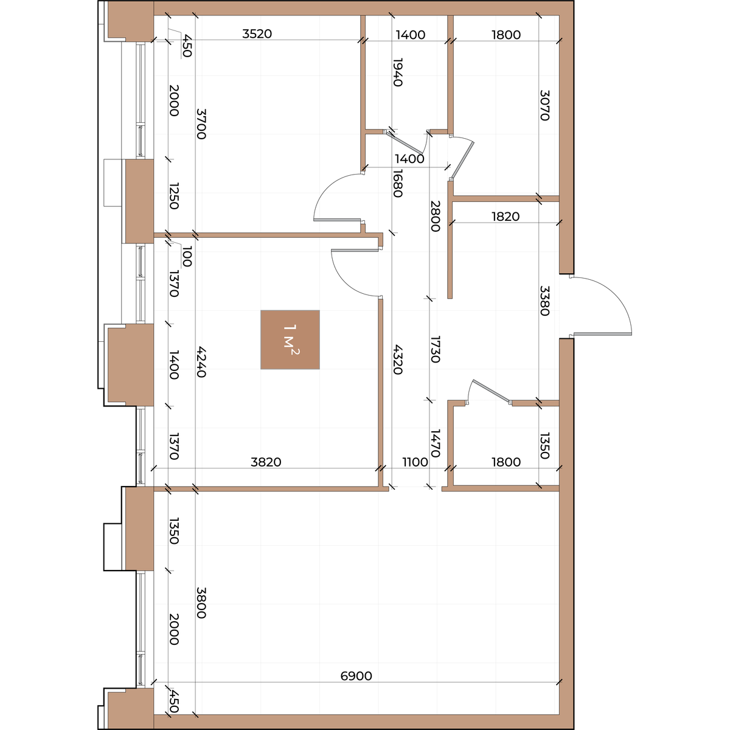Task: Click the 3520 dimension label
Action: (257, 34)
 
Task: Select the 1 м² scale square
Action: (290, 339)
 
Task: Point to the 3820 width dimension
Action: (266, 462)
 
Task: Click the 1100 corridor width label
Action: (415, 462)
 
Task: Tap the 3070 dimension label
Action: (544, 105)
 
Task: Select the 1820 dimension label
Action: (506, 217)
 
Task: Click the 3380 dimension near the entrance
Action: (544, 301)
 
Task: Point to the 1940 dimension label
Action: (397, 72)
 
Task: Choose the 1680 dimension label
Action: (397, 183)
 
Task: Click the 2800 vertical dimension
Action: (436, 216)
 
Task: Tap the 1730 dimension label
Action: (436, 349)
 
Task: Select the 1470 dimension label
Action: (436, 443)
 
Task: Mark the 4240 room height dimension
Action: (201, 362)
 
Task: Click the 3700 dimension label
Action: (201, 124)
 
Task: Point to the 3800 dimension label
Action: (201, 603)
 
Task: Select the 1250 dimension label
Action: (173, 196)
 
